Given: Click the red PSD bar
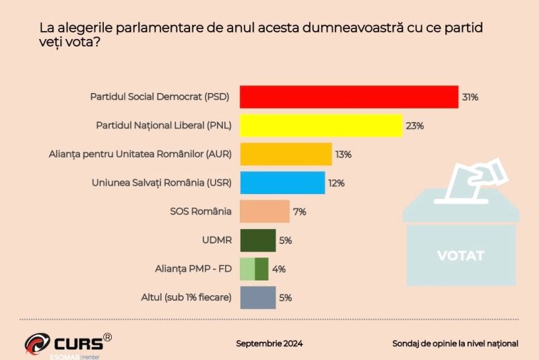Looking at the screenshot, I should (349, 97).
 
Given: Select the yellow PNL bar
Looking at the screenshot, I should (321, 125).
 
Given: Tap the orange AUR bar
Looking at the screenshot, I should (286, 154).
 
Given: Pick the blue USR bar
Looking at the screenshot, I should (282, 183).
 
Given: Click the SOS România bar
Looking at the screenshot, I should (265, 211).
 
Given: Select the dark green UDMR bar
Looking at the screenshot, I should (258, 240).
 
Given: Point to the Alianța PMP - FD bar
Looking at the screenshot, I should (255, 268).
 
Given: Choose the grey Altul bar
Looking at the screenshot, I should (258, 297).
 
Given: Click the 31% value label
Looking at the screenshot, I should (470, 97).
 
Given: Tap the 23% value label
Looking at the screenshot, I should (414, 126).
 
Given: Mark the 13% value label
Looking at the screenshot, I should (344, 154).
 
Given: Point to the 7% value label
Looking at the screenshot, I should (300, 212).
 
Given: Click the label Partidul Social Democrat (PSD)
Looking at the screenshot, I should (160, 97).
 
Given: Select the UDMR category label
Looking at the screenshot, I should (217, 240).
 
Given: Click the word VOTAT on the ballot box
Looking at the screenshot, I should (461, 256).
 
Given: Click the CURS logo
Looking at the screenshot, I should (67, 343).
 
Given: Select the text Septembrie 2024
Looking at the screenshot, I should (269, 344).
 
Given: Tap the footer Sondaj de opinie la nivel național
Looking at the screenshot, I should (455, 344).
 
